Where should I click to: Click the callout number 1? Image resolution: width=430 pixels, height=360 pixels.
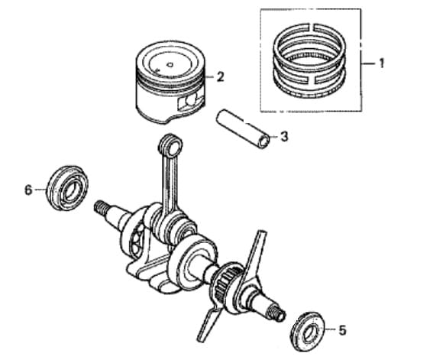[381, 63]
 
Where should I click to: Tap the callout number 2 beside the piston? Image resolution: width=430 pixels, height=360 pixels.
[220, 77]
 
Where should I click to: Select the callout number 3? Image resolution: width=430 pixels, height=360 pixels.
[284, 136]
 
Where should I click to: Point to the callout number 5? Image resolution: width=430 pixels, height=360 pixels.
[342, 330]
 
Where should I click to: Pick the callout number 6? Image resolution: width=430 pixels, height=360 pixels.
[28, 190]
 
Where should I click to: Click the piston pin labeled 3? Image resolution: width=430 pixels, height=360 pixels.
[243, 129]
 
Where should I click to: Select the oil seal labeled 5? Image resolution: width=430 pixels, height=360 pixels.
[308, 331]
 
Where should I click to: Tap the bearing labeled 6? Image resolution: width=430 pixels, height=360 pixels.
[68, 188]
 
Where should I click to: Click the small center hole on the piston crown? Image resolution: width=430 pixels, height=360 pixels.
[170, 65]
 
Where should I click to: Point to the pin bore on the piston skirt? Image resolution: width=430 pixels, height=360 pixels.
[190, 101]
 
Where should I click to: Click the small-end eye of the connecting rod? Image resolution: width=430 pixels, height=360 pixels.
[171, 146]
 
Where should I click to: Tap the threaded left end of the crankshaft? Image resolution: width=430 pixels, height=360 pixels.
[100, 207]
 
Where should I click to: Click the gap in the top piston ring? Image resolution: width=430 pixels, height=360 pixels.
[313, 28]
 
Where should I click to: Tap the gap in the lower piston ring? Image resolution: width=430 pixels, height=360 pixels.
[312, 79]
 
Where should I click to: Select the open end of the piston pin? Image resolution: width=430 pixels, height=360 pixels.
[264, 141]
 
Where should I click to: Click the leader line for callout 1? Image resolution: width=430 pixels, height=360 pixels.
[369, 63]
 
